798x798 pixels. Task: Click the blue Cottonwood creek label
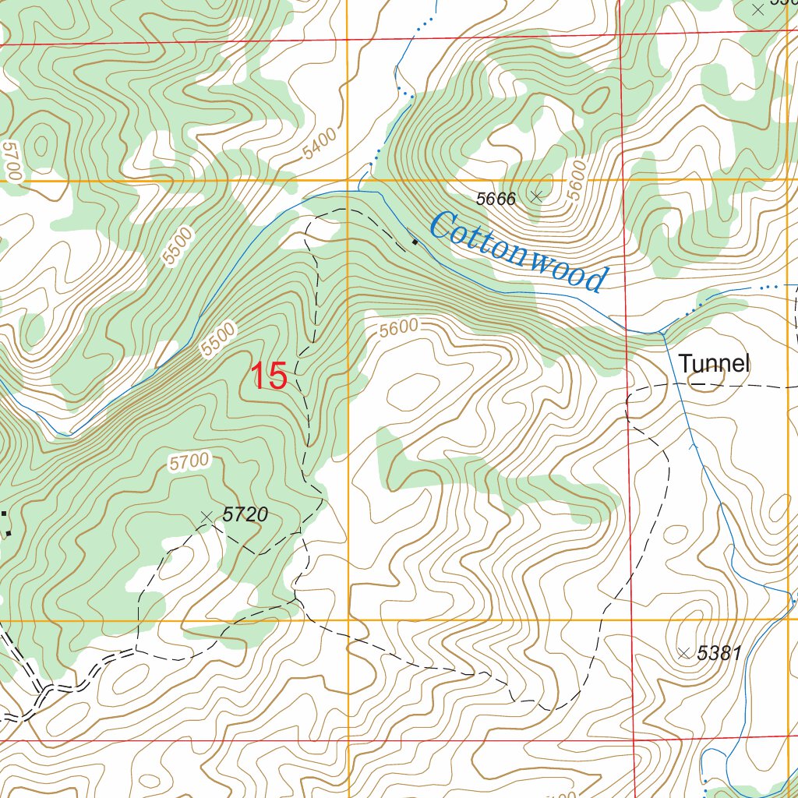point(517,252)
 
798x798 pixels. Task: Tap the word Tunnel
point(713,363)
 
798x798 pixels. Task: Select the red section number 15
point(269,376)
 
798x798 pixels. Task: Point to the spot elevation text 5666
point(496,199)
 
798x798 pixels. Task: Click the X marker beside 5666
point(536,196)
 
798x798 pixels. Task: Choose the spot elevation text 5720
point(245,514)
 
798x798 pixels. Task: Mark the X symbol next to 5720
point(207,516)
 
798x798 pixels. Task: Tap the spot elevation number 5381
point(719,653)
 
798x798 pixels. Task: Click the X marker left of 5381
point(683,653)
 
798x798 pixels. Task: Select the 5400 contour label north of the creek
point(320,144)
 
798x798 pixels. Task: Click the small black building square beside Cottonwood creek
point(415,242)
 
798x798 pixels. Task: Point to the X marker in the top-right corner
point(758,9)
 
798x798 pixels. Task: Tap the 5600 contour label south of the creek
point(399,328)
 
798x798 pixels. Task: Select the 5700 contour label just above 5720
point(189,462)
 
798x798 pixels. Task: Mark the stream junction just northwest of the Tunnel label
point(662,333)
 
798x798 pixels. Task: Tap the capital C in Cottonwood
point(443,226)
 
